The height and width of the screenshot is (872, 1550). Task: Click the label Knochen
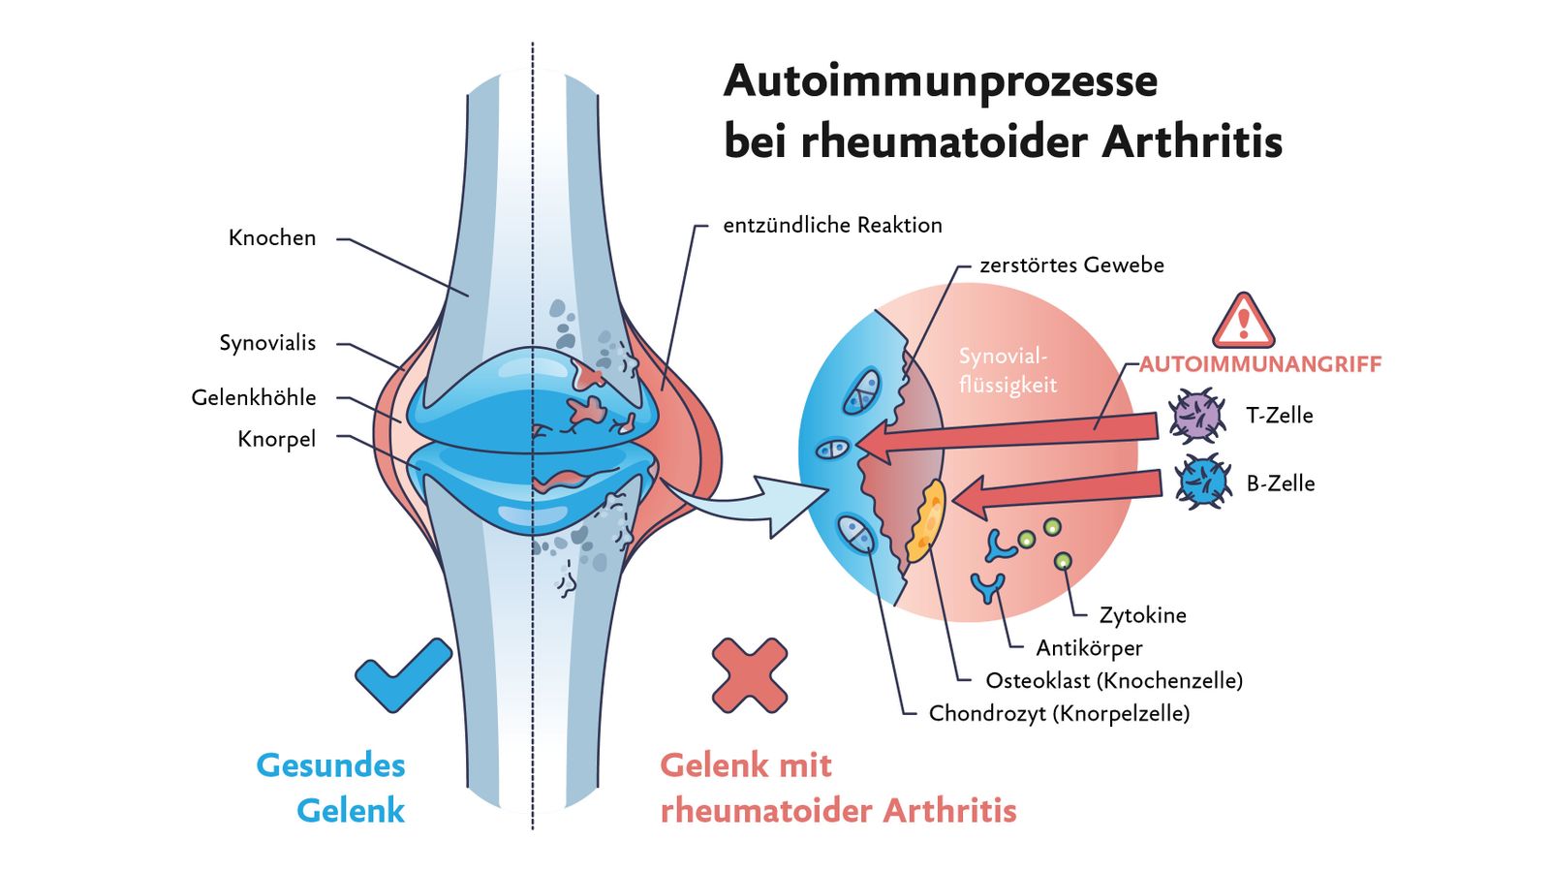tap(272, 238)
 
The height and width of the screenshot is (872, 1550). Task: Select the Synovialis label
tap(267, 343)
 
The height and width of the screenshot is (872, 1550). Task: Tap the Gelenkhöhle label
tap(253, 397)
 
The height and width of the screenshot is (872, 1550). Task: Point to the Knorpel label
tap(277, 439)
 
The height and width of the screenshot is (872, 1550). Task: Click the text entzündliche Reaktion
tap(832, 225)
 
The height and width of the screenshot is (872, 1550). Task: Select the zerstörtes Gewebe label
tap(1071, 265)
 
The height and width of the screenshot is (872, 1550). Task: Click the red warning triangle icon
tap(1244, 321)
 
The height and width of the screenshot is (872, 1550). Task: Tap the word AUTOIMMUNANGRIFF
tap(1260, 364)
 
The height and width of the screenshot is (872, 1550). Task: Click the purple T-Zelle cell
tap(1196, 416)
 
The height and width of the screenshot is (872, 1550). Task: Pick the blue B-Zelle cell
tap(1203, 482)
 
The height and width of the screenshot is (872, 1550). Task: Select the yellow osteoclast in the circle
tap(926, 521)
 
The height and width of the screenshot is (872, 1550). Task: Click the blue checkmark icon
tap(403, 674)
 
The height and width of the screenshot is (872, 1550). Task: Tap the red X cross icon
tap(750, 675)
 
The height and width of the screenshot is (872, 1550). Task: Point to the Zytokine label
tap(1142, 615)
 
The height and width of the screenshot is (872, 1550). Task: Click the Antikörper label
tap(1089, 648)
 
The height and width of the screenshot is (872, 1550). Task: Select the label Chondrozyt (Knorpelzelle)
tap(1060, 713)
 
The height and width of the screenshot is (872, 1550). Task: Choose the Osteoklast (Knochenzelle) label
tap(1114, 681)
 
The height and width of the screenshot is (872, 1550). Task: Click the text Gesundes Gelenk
tap(330, 789)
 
